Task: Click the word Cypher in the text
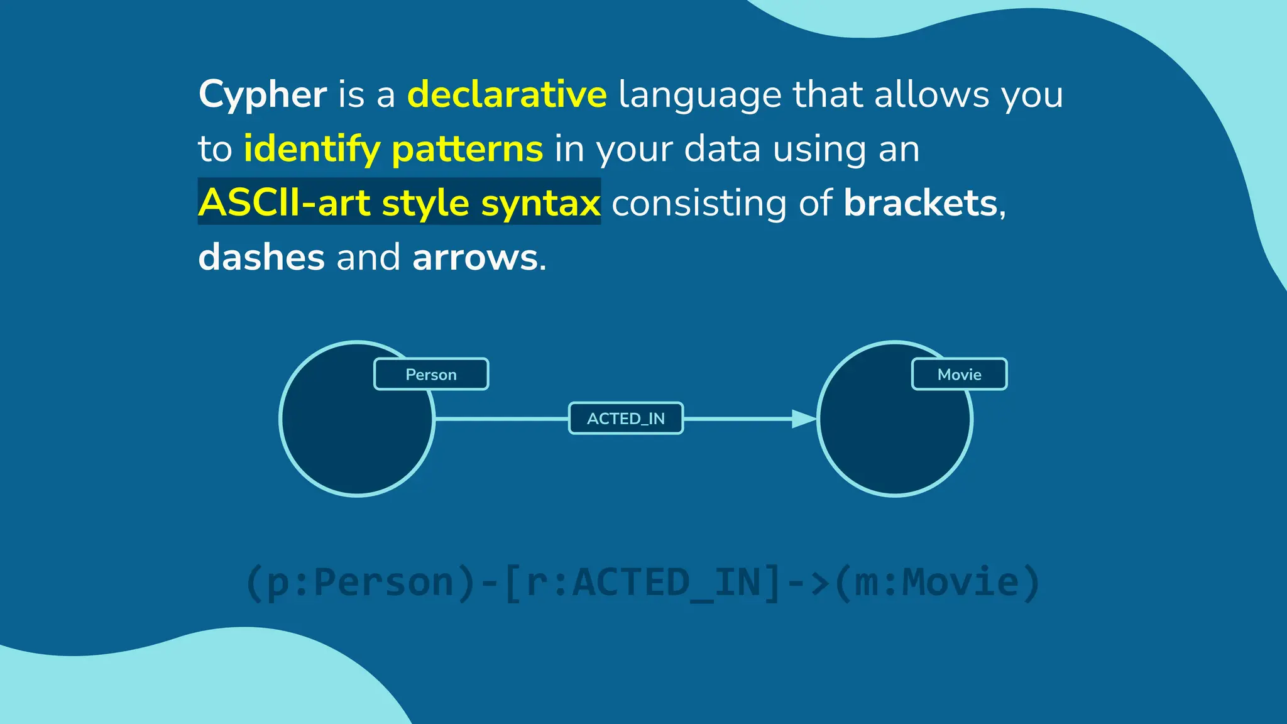[262, 95]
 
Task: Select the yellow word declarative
[507, 95]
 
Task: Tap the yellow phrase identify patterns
[393, 149]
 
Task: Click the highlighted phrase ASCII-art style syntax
[399, 203]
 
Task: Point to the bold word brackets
[920, 203]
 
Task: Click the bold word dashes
[261, 257]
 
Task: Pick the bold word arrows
[475, 257]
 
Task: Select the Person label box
[431, 375]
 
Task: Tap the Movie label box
[959, 375]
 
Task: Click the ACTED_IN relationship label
[626, 419]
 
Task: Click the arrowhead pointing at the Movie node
[804, 419]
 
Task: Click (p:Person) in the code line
[361, 583]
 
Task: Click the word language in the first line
[700, 95]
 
